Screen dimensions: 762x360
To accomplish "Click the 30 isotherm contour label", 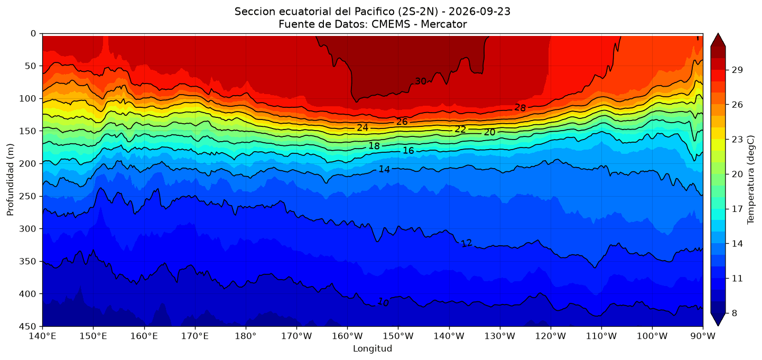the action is coord(421,81).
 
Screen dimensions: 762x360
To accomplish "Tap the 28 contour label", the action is coord(520,108).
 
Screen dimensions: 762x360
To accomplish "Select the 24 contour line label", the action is coord(363,127).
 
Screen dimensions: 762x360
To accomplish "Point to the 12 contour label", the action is coord(467,243).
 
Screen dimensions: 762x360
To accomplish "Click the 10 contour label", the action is coord(383,302).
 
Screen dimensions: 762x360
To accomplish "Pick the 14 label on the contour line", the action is coord(384,169).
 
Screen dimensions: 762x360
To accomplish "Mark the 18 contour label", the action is coord(374,146).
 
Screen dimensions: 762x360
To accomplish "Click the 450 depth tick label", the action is coord(29,326).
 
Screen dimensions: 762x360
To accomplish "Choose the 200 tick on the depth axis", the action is coord(29,164).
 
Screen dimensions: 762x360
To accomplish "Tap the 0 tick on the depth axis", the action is coord(33,34).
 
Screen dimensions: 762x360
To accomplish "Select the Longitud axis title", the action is coord(373,348).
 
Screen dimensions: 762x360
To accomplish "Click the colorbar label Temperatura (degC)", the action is coord(751,180).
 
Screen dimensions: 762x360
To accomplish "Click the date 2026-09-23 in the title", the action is coord(480,12).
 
